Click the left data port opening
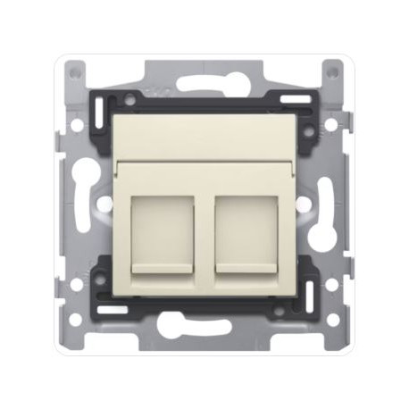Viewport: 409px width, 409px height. (x=162, y=229)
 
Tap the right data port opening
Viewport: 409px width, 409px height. (x=246, y=229)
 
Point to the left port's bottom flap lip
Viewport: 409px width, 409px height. (x=163, y=268)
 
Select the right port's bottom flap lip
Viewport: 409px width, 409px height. (x=246, y=268)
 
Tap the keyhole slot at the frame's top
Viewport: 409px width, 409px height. (x=204, y=86)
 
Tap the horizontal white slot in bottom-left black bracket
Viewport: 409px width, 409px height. (x=113, y=311)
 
